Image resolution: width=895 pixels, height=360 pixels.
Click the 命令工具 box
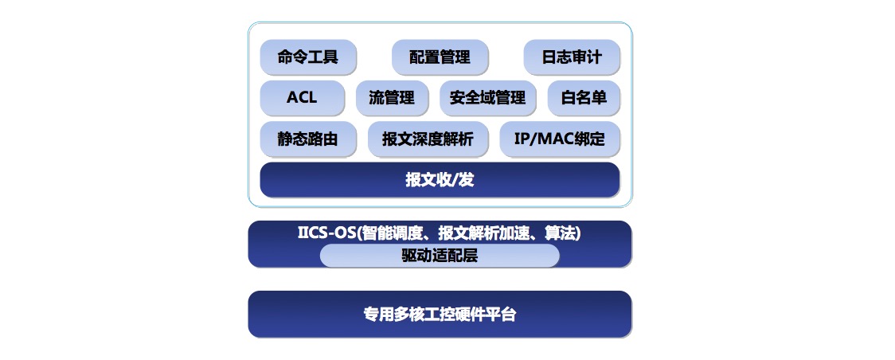click(x=308, y=57)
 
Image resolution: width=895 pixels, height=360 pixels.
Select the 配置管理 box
click(x=440, y=57)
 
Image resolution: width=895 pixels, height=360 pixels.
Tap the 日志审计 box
click(x=572, y=57)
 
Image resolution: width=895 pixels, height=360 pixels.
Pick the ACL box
click(x=303, y=98)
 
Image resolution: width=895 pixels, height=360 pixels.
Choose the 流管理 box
click(x=392, y=98)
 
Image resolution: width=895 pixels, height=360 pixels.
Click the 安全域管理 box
click(x=488, y=98)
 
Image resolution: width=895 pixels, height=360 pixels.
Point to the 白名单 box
click(x=584, y=98)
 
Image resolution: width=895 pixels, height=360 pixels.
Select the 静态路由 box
click(x=308, y=139)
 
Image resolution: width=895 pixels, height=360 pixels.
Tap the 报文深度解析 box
click(x=428, y=139)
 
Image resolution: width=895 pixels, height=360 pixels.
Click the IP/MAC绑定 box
click(x=560, y=139)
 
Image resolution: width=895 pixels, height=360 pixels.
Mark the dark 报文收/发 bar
click(x=440, y=180)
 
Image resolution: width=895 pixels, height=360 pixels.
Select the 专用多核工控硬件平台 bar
click(x=440, y=315)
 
